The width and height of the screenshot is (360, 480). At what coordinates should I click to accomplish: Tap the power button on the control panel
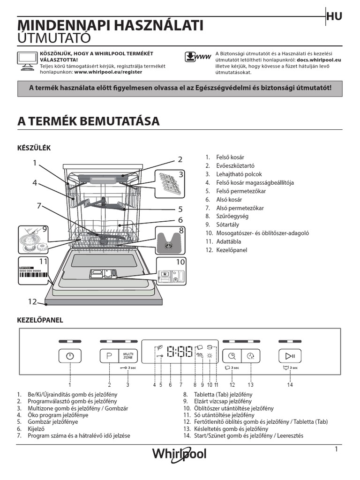[70, 356]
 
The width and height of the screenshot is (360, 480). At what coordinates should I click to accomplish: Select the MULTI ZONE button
[127, 356]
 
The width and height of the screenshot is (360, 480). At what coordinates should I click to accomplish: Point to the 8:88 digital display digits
[180, 352]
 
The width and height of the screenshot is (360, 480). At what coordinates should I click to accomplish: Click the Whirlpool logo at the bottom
[179, 454]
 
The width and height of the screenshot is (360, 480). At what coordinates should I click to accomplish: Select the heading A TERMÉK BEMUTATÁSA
[89, 121]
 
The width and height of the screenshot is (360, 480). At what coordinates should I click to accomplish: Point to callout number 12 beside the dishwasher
[31, 302]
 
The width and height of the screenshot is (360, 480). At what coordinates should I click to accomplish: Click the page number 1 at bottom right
[337, 449]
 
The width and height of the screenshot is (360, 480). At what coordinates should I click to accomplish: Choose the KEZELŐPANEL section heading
[40, 320]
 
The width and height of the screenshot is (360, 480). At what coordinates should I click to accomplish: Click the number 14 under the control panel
[290, 385]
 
